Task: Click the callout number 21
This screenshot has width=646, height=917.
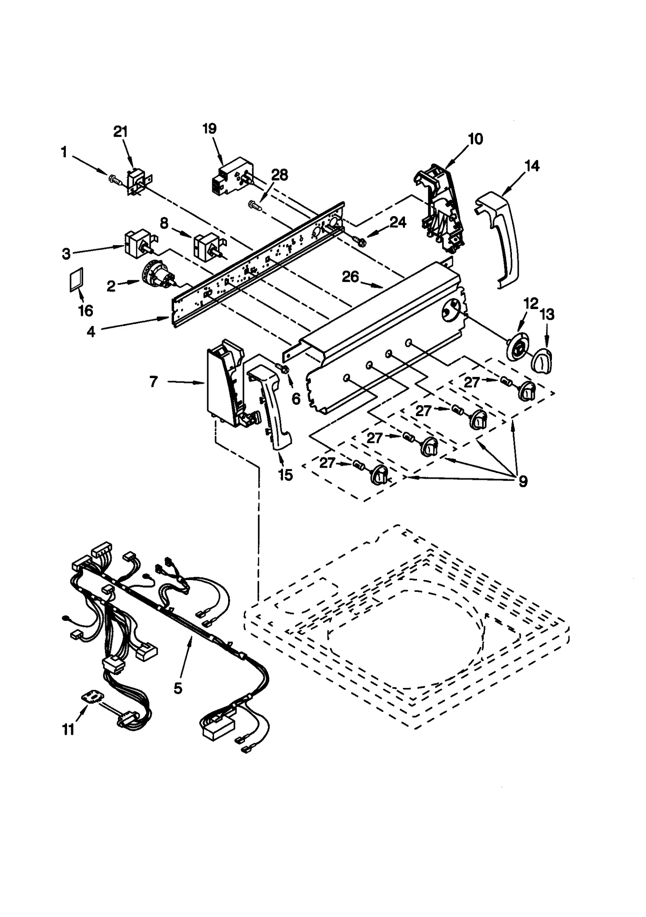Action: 120,132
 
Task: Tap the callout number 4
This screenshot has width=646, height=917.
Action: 91,331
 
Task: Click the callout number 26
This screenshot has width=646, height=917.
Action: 350,277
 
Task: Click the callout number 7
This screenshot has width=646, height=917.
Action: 153,381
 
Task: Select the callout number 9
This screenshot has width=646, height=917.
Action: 522,481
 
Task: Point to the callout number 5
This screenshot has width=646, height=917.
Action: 178,687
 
